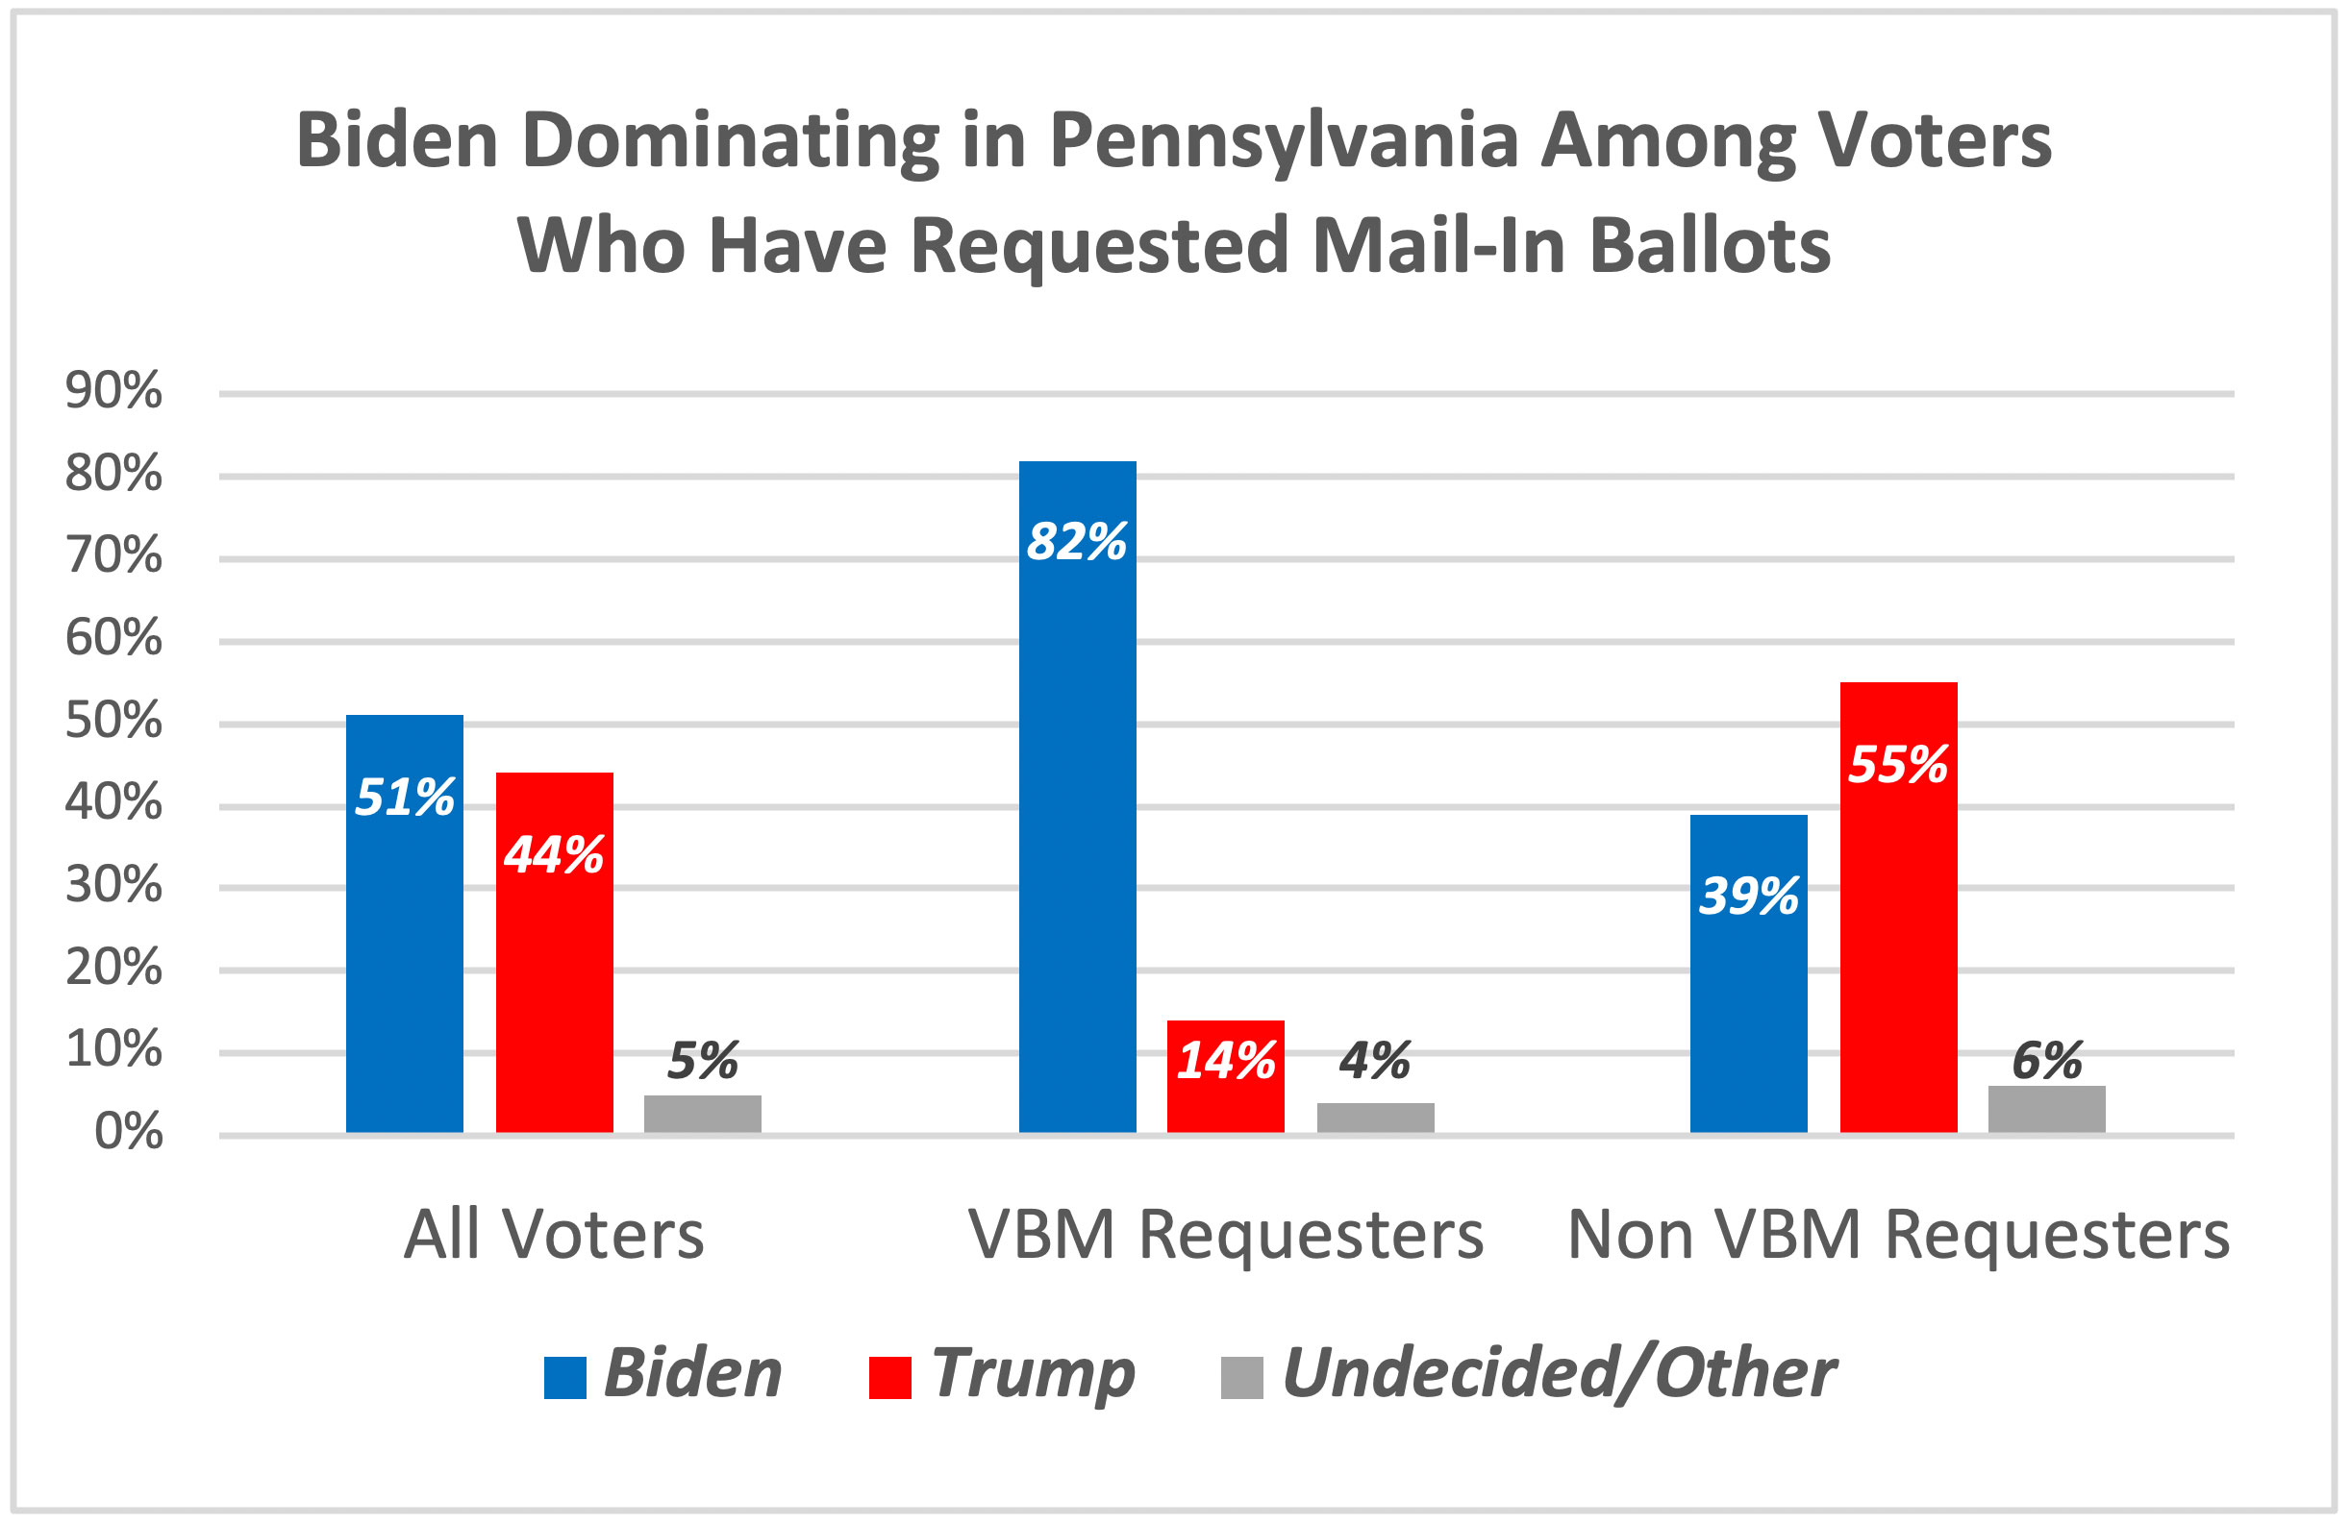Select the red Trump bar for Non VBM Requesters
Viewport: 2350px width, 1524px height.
1898,938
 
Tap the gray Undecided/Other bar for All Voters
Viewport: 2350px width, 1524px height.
702,1114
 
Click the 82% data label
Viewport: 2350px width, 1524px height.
1076,542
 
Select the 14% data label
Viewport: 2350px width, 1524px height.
1225,1061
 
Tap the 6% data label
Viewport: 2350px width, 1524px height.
2047,1061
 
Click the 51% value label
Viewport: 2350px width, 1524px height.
404,797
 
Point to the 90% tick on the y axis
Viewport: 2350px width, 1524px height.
113,392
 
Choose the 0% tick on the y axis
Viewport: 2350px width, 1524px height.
127,1133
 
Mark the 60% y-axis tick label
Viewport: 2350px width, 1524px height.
113,639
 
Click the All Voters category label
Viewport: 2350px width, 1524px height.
554,1235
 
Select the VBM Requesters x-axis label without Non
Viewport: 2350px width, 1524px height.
1225,1235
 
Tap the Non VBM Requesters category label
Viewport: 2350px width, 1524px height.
1898,1235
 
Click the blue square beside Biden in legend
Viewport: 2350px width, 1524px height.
564,1378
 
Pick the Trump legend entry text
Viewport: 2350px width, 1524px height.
1033,1373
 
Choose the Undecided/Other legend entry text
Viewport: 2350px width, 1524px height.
1559,1373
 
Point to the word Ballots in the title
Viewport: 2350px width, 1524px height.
1711,245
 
